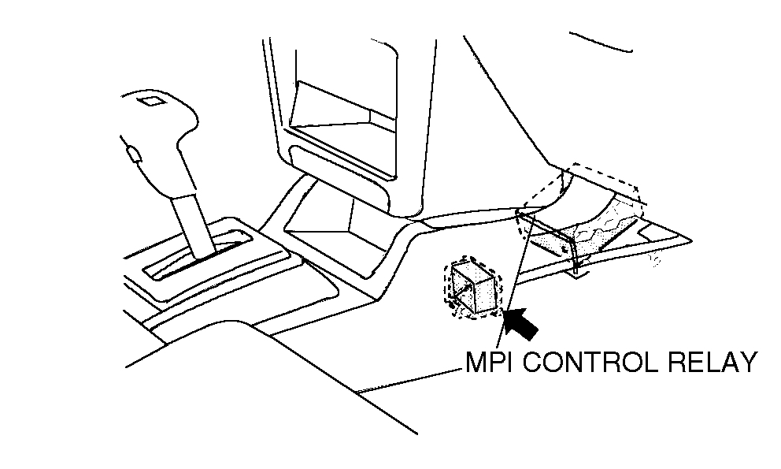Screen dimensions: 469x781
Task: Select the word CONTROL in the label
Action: click(588, 363)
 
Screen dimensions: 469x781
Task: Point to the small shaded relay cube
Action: click(474, 288)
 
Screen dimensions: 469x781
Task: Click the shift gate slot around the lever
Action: click(201, 252)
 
